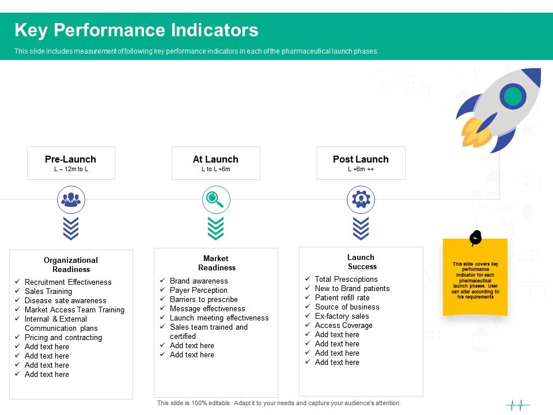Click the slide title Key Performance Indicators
tap(136, 30)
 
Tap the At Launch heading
tap(215, 160)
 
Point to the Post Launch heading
tap(361, 160)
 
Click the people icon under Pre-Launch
tap(71, 199)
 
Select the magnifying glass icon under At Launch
tap(216, 199)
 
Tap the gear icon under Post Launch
tap(361, 199)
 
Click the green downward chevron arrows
tap(216, 229)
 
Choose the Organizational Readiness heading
tap(71, 265)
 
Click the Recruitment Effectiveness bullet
tap(68, 282)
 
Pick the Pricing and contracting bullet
tap(63, 337)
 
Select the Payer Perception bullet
tap(198, 290)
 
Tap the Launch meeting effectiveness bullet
tap(219, 318)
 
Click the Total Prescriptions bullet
tap(346, 279)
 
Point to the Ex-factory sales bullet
tap(342, 316)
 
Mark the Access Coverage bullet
tap(343, 325)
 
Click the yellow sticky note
tap(475, 278)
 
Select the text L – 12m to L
tap(71, 169)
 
